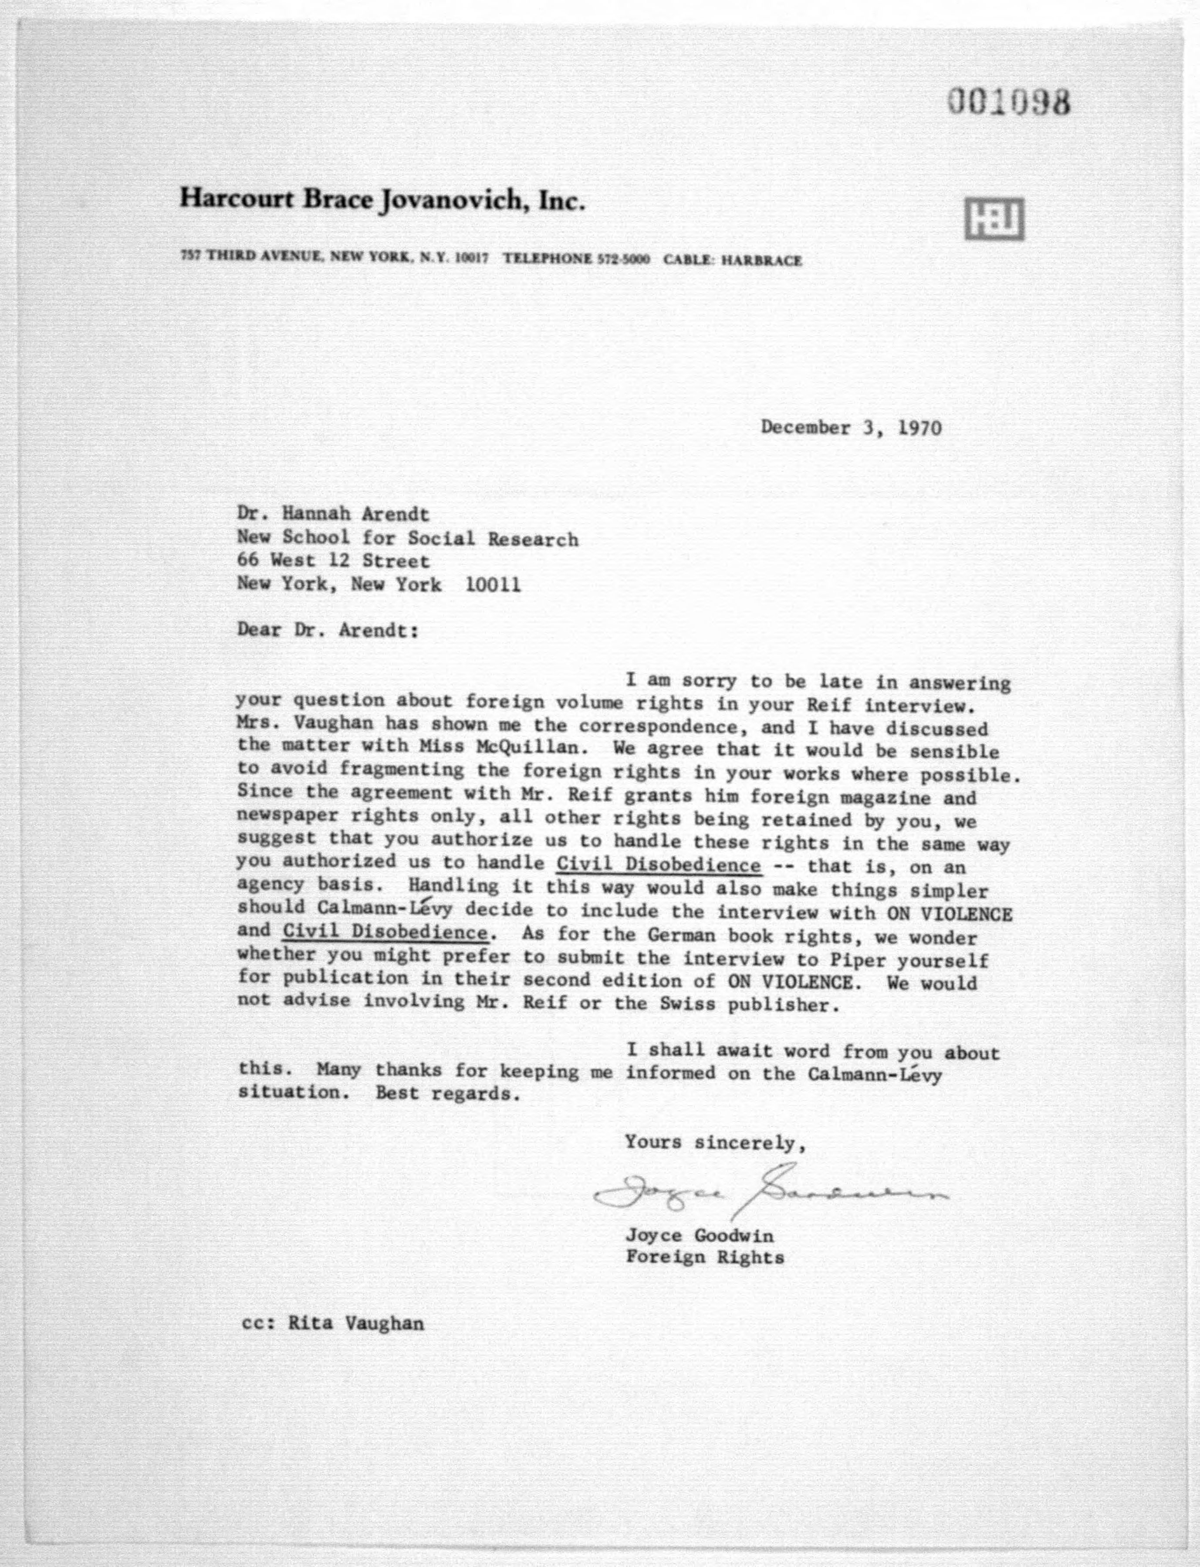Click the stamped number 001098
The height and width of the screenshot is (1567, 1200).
pos(1009,103)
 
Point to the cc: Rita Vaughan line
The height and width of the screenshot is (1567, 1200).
pos(333,1324)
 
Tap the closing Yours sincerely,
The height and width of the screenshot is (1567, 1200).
pos(716,1142)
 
